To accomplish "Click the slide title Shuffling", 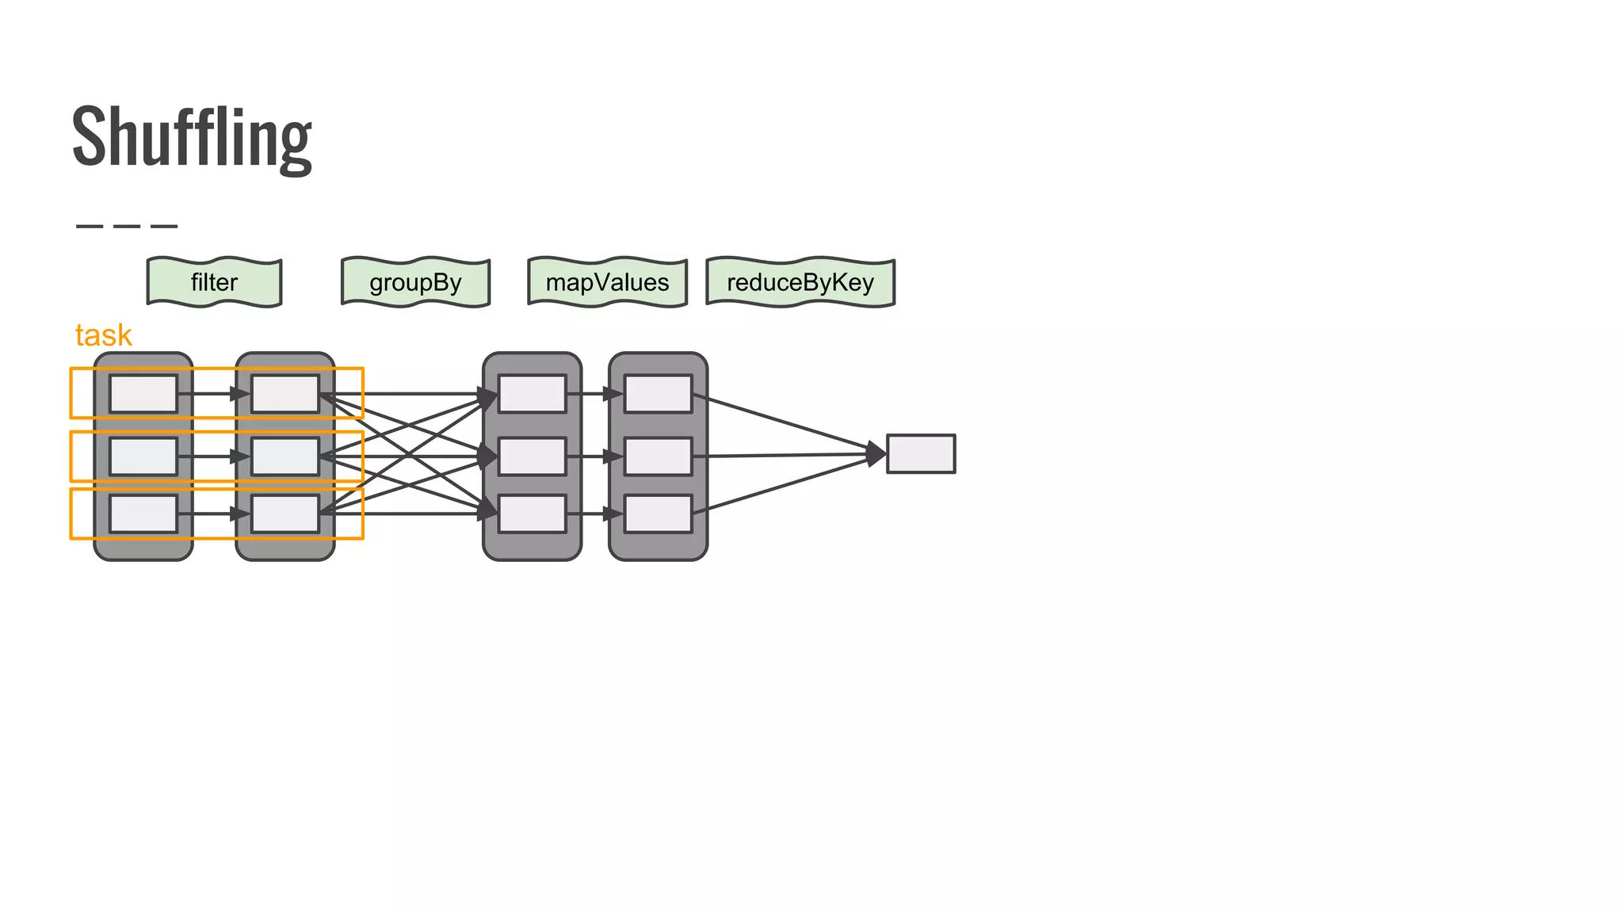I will click(x=192, y=137).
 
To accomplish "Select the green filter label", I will click(x=214, y=282).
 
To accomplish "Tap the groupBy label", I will click(x=415, y=282).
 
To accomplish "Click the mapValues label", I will click(x=607, y=282).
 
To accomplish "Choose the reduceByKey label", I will click(x=800, y=282).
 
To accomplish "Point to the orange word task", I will click(x=103, y=335).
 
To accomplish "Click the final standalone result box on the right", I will click(x=920, y=454).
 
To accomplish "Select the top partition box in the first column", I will click(x=143, y=394).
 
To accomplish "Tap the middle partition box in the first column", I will click(x=143, y=456).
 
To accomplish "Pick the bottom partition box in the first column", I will click(x=143, y=514).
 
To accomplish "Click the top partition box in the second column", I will click(x=285, y=394).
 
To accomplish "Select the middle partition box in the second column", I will click(x=285, y=456).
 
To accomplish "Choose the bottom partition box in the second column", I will click(x=285, y=514).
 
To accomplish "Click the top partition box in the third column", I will click(x=533, y=394).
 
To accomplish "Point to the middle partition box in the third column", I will click(x=533, y=456).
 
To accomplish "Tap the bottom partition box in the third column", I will click(x=533, y=514).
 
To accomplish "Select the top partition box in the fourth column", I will click(x=658, y=394).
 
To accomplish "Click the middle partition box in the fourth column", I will click(x=658, y=456).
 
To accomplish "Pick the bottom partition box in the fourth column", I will click(x=658, y=514).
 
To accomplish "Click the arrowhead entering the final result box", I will click(x=876, y=454).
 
